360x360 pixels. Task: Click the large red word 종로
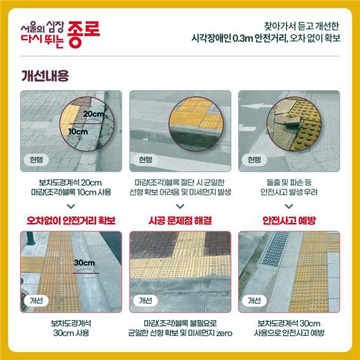tap(84, 34)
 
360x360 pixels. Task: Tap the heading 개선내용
tap(45, 76)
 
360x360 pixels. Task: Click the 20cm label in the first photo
tap(93, 114)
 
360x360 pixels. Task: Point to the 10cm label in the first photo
tap(78, 131)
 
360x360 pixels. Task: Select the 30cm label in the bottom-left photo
tap(84, 263)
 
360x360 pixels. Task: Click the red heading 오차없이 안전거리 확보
tap(71, 220)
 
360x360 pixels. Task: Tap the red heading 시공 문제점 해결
tap(180, 220)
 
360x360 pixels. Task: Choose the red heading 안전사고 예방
tap(289, 220)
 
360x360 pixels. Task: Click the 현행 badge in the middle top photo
tap(145, 159)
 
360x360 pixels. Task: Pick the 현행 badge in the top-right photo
tap(254, 159)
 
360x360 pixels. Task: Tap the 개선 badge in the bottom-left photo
tap(36, 300)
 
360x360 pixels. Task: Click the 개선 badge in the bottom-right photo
tap(254, 300)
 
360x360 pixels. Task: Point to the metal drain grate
tap(274, 249)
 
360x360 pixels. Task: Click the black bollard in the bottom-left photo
tap(30, 238)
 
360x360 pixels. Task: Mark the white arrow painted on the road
tap(257, 106)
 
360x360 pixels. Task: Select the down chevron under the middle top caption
tap(180, 206)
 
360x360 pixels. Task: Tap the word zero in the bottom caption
tap(224, 333)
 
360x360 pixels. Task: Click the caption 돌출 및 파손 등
tap(289, 182)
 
